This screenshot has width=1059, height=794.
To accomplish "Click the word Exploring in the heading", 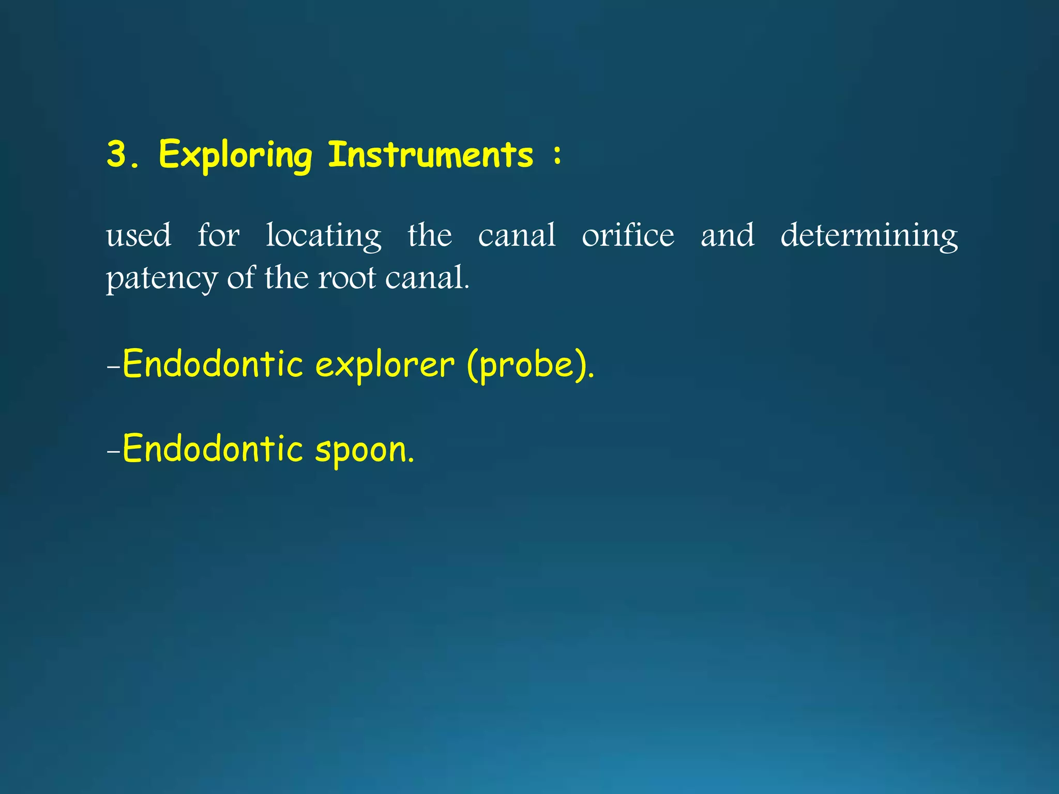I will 235,155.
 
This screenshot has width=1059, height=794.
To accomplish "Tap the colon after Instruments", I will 557,154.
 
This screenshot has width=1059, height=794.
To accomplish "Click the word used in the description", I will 139,235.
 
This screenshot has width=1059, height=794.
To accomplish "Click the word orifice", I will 628,235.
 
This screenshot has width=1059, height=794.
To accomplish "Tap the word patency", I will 162,279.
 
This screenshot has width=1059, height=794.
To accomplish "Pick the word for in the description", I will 219,235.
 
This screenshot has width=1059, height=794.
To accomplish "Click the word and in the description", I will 727,235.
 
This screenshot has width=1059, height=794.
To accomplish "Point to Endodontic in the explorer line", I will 212,364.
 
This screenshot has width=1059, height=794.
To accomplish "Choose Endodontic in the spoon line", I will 212,448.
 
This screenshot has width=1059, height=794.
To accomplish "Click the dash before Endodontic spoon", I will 113,451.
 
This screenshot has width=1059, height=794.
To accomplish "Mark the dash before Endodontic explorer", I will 113,367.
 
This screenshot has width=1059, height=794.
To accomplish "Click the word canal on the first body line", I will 517,235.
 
